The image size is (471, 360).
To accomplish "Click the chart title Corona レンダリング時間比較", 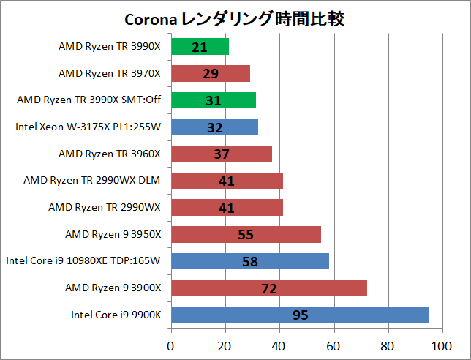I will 235,19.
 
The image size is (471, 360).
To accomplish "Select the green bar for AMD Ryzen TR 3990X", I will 200,47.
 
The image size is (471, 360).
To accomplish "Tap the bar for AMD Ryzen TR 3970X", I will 211,74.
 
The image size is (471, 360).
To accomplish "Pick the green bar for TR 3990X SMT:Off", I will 214,100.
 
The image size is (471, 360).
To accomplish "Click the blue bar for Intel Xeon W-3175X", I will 214,127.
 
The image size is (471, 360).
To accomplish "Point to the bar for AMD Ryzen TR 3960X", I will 222,154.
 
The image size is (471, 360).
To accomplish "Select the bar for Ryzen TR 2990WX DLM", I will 227,181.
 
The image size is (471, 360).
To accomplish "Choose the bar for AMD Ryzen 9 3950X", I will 246,234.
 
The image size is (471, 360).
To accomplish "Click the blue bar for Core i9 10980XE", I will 250,261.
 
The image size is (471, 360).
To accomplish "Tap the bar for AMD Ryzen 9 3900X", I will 268,288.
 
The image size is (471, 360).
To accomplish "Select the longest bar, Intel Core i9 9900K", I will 300,315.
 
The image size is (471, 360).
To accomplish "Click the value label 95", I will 300,315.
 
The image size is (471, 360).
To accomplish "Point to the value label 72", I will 268,289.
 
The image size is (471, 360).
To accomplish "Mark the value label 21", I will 200,48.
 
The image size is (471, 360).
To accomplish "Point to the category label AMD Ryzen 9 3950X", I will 113,234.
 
